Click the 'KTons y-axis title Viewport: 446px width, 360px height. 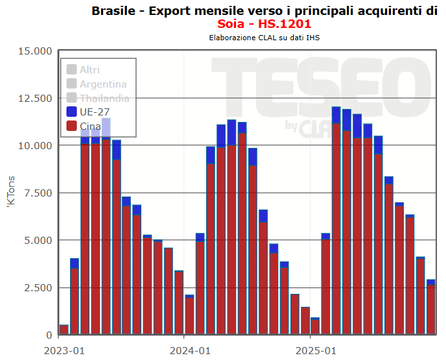point(10,193)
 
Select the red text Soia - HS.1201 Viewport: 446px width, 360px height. point(264,24)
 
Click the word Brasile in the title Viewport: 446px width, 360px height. point(114,10)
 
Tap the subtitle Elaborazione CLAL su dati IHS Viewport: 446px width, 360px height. point(264,38)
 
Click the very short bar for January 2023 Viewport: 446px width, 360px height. point(64,330)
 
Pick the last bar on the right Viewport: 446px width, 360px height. point(430,309)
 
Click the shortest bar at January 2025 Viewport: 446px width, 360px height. point(315,326)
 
